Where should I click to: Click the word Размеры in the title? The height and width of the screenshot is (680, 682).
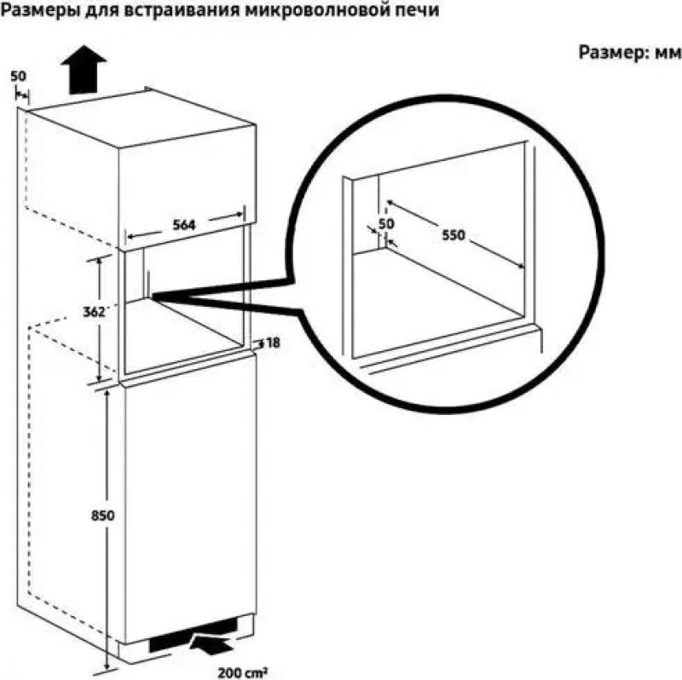pyautogui.click(x=36, y=10)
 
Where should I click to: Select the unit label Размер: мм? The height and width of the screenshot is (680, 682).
pyautogui.click(x=630, y=53)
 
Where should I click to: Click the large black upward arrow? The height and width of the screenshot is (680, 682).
pyautogui.click(x=84, y=69)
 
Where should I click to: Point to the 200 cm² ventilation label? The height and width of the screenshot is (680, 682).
pyautogui.click(x=242, y=672)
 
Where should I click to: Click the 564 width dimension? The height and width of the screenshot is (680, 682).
pyautogui.click(x=184, y=225)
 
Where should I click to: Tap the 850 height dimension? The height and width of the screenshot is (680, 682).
pyautogui.click(x=102, y=516)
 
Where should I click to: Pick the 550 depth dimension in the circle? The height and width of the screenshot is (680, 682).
pyautogui.click(x=454, y=235)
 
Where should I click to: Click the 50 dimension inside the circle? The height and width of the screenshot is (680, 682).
pyautogui.click(x=386, y=224)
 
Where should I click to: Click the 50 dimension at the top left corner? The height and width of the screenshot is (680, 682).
pyautogui.click(x=18, y=77)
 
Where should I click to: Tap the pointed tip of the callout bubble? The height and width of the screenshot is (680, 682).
pyautogui.click(x=153, y=296)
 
